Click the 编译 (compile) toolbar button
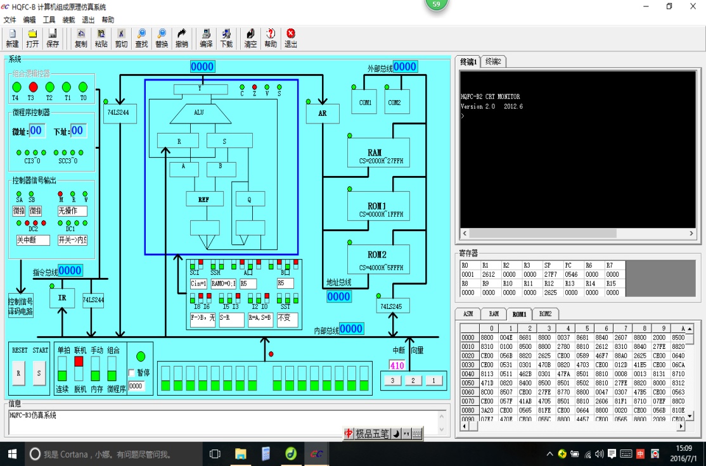coord(206,38)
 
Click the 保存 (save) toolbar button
coord(53,38)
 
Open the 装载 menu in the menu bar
coord(68,20)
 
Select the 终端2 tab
coord(493,61)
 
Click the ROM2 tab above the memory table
coord(544,313)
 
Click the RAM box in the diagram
coord(375,156)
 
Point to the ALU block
coord(199,113)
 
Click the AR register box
coord(323,113)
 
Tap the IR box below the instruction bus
coord(62,298)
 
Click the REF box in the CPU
coord(205,199)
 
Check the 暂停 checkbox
coord(132,372)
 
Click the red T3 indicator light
coord(33,87)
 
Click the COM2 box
coord(394,102)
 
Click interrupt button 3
coord(392,381)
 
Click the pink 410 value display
coord(397,365)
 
